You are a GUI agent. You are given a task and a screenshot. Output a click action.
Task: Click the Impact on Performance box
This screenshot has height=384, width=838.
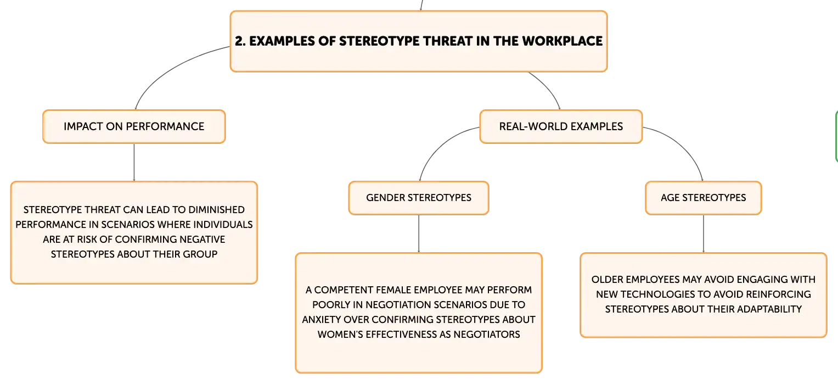[x=134, y=126]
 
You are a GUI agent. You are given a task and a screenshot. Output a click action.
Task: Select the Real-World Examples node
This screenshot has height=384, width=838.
[x=561, y=126]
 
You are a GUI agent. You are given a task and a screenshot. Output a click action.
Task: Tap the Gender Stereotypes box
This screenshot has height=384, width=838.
[x=419, y=198]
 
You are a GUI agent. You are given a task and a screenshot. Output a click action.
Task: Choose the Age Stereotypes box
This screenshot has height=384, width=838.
[x=704, y=198]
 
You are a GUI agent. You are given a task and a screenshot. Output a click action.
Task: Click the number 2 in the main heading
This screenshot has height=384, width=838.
[x=240, y=41]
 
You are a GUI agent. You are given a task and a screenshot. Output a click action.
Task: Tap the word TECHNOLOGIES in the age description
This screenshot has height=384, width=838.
[x=640, y=294]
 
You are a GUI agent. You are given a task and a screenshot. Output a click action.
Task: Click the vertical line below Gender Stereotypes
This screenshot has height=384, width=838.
[x=419, y=234]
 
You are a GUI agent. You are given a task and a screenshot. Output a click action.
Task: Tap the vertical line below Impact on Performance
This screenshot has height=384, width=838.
[x=134, y=162]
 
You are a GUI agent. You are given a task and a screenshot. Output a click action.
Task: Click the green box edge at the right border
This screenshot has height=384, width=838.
[x=836, y=137]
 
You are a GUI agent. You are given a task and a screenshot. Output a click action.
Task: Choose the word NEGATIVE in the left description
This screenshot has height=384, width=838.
[x=202, y=240]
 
